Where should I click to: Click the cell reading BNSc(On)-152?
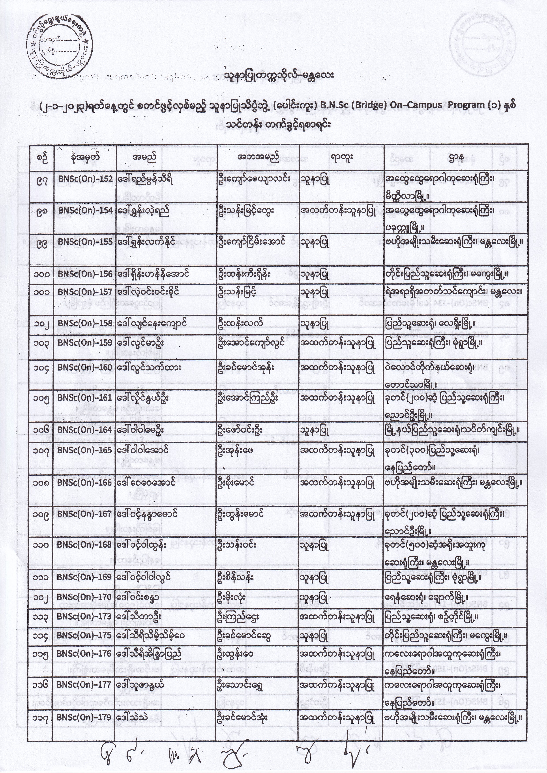click(85, 179)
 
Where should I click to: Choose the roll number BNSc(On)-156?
click(85, 274)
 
